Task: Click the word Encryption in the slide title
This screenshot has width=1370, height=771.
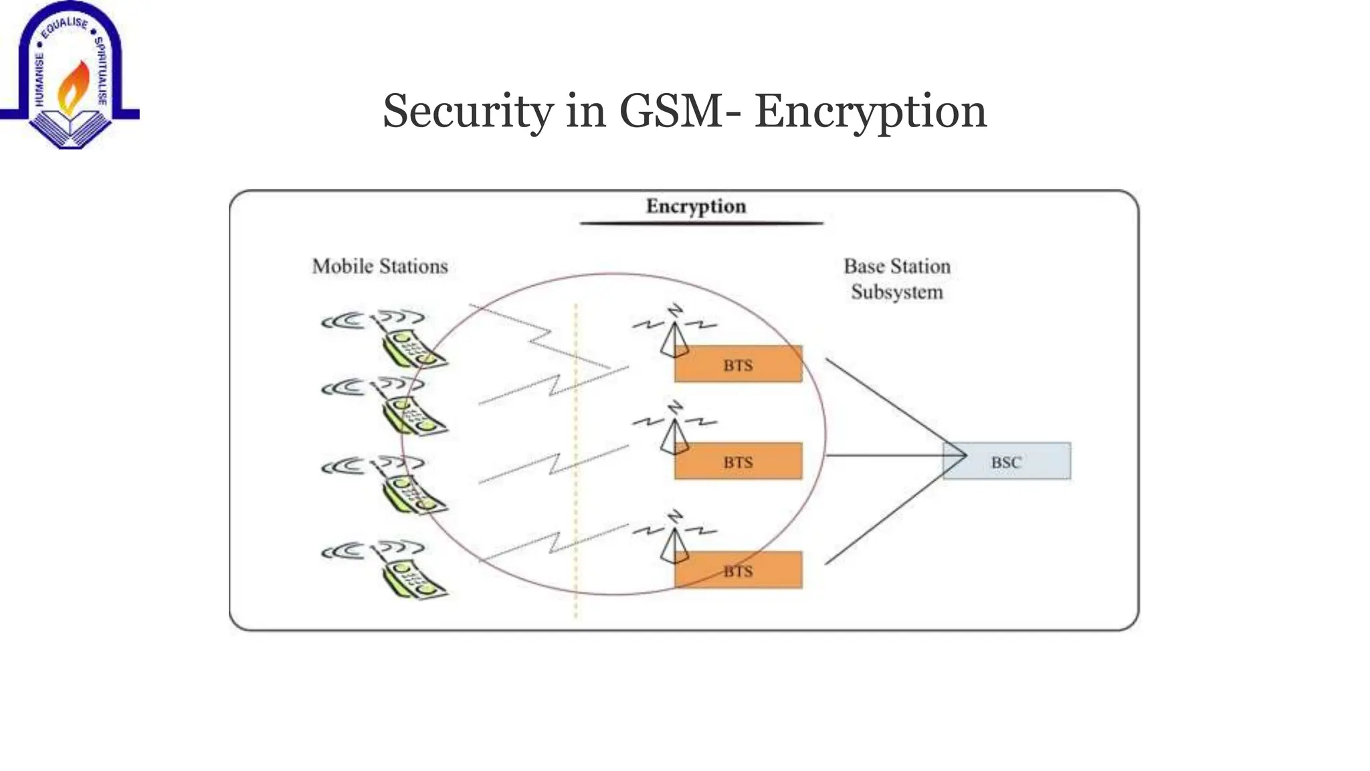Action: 870,111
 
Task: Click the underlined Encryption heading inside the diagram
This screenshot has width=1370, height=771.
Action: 696,206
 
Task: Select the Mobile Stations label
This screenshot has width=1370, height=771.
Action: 380,266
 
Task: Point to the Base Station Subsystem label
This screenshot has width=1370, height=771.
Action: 896,279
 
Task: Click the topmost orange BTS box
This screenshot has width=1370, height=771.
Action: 738,365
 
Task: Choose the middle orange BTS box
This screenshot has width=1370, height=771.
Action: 738,462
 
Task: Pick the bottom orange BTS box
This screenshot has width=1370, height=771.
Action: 738,570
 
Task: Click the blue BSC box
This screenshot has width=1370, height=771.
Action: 1006,462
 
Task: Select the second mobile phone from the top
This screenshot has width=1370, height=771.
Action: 411,415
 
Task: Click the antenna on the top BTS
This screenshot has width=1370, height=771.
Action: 674,338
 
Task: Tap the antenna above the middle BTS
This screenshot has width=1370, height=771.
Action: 674,435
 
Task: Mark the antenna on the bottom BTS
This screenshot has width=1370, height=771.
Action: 674,543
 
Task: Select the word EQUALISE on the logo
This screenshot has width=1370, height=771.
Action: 64,27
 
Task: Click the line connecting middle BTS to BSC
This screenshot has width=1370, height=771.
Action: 883,456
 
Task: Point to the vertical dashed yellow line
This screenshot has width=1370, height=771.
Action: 576,468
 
